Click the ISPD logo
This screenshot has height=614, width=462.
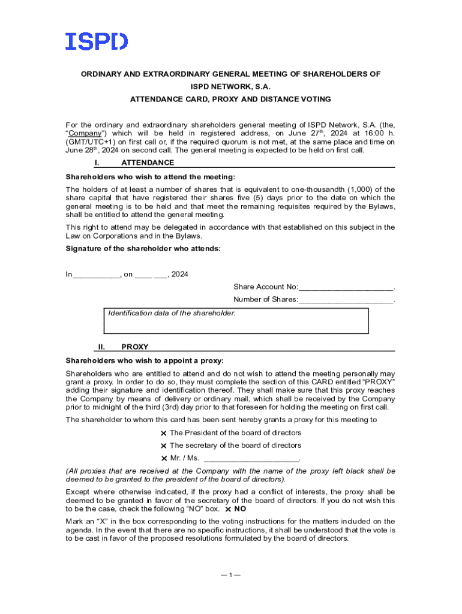click(x=97, y=41)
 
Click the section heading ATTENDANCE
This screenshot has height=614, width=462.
click(x=148, y=162)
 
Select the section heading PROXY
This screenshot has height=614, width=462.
click(x=135, y=347)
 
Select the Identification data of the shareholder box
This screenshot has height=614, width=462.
click(x=236, y=321)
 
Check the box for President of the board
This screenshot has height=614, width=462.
click(x=164, y=434)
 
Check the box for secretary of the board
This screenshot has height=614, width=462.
click(x=164, y=446)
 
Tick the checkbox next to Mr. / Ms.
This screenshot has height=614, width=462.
click(x=164, y=459)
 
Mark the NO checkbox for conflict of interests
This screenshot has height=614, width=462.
click(x=229, y=509)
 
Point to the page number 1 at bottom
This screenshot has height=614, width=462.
click(x=230, y=575)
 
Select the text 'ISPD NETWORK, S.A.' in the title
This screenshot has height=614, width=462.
click(x=231, y=86)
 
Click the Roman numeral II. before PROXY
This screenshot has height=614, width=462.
click(x=101, y=347)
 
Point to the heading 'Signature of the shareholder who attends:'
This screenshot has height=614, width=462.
click(x=143, y=248)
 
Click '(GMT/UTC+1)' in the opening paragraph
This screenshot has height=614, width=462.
click(x=89, y=142)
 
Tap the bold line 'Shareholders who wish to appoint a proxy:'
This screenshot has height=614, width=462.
click(x=144, y=361)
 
